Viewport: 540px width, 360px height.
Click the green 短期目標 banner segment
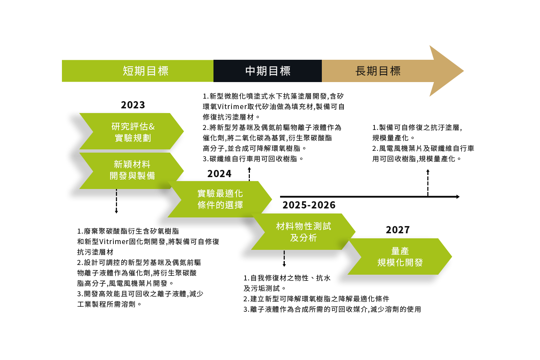click(x=138, y=71)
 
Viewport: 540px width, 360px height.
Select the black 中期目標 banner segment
click(x=267, y=71)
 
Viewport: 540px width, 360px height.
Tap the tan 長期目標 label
click(x=378, y=71)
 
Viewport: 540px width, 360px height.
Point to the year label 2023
click(x=133, y=105)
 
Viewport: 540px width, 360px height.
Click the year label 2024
click(x=219, y=174)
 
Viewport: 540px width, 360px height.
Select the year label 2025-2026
click(x=309, y=205)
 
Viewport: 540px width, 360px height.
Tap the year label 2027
click(x=398, y=230)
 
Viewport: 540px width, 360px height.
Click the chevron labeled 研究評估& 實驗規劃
click(x=132, y=132)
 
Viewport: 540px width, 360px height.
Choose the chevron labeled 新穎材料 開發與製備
click(x=132, y=170)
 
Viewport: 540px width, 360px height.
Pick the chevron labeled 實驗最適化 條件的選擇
click(x=220, y=199)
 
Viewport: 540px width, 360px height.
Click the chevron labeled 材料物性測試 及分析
click(x=303, y=232)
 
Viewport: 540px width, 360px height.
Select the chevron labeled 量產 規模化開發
click(x=400, y=257)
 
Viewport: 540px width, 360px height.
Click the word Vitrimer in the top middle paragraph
click(x=232, y=107)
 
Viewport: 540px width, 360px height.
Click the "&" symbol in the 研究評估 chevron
click(x=152, y=126)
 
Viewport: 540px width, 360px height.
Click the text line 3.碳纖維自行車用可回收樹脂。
click(x=253, y=159)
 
